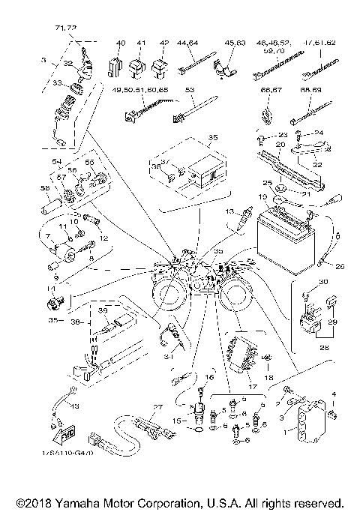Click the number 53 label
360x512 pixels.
pos(190,89)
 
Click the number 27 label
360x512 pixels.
pos(157,407)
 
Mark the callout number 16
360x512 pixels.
pos(210,377)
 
